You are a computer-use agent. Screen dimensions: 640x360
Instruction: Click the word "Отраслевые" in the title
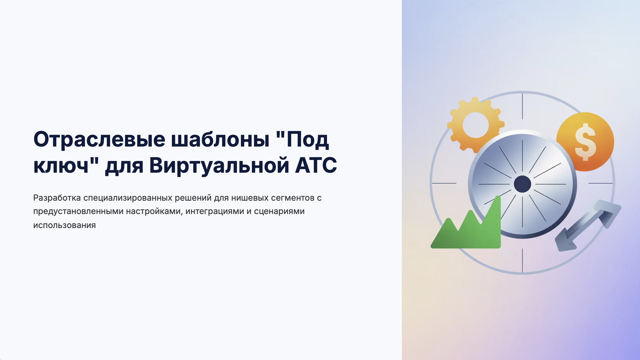pos(99,140)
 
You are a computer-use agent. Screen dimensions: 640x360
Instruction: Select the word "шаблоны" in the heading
pos(220,139)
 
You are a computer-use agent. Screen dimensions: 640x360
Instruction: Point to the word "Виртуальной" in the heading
pos(219,166)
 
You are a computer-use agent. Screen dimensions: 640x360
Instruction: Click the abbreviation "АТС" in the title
pos(316,165)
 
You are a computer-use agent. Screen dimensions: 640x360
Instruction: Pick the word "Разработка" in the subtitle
pos(57,198)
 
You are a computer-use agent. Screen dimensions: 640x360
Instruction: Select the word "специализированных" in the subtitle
pos(128,198)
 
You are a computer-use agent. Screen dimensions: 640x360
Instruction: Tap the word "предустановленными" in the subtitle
pos(78,212)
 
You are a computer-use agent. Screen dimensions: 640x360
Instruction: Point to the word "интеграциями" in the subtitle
pos(215,212)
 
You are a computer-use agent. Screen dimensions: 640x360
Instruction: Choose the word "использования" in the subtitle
pos(64,225)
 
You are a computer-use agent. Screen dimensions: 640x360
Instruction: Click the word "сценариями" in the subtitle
pos(279,212)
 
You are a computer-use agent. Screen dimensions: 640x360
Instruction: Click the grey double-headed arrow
pos(588,225)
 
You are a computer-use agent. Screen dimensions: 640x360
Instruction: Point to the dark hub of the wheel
pos(523,184)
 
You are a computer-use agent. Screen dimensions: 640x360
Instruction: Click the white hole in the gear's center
pos(476,125)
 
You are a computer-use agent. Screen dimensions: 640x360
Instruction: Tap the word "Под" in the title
pos(308,140)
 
